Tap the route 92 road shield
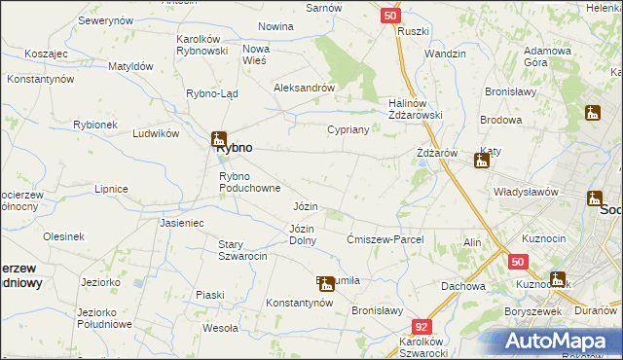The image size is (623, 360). (x=421, y=327)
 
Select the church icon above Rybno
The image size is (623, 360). (x=220, y=138)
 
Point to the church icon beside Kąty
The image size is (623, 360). (x=481, y=161)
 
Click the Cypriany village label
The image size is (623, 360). (x=347, y=129)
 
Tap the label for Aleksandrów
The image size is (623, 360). (x=304, y=87)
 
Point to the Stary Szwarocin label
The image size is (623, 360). (x=243, y=250)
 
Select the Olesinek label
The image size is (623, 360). (x=63, y=236)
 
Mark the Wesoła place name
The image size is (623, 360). (x=220, y=328)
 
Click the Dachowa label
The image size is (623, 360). (x=462, y=286)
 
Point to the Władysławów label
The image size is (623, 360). (x=526, y=192)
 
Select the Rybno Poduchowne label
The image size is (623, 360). (x=249, y=182)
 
